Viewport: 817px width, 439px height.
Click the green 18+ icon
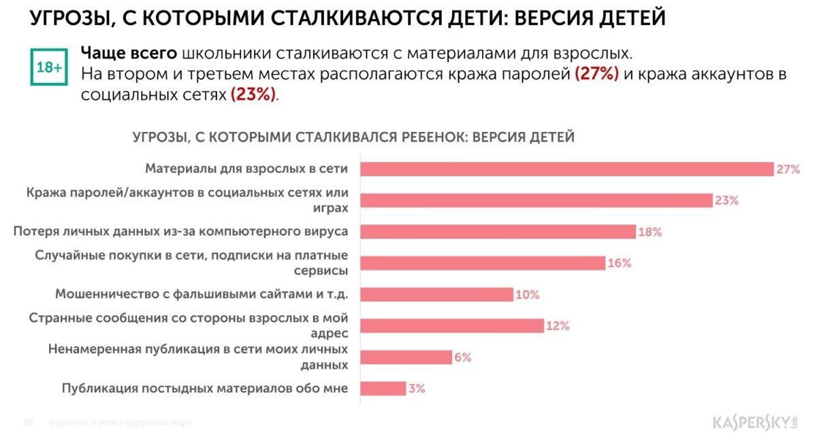(50, 67)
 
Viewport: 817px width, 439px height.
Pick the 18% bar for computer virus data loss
(498, 231)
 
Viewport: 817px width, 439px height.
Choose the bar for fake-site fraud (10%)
(436, 294)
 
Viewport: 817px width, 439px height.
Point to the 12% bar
(451, 325)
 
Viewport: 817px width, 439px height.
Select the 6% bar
(406, 357)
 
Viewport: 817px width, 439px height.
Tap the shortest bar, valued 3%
(383, 388)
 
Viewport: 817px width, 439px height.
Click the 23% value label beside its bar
(726, 201)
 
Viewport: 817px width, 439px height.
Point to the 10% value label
(527, 295)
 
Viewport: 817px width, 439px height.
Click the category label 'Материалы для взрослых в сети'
(247, 169)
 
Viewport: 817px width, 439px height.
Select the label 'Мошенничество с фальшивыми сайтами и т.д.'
(202, 294)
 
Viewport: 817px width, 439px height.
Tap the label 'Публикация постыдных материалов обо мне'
(205, 388)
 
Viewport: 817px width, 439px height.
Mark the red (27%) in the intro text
(596, 74)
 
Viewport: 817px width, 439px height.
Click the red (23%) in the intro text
(254, 95)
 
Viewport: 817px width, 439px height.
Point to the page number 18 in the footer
(29, 423)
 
